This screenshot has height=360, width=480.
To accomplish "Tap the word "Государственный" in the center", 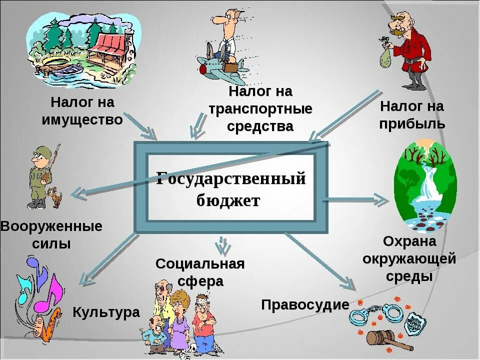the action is [230, 178].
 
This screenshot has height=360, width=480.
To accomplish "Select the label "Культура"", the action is [106, 312].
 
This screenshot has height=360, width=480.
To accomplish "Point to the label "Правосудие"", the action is [305, 304].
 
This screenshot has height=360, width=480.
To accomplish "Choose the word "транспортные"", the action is [260, 108].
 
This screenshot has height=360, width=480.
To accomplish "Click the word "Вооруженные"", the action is [51, 226].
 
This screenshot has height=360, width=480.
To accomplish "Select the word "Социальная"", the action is [200, 263].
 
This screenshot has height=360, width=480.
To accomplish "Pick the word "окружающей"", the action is [409, 258].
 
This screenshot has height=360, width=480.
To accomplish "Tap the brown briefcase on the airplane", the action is [231, 66].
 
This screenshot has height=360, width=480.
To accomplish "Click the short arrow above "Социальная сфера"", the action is [220, 245].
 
